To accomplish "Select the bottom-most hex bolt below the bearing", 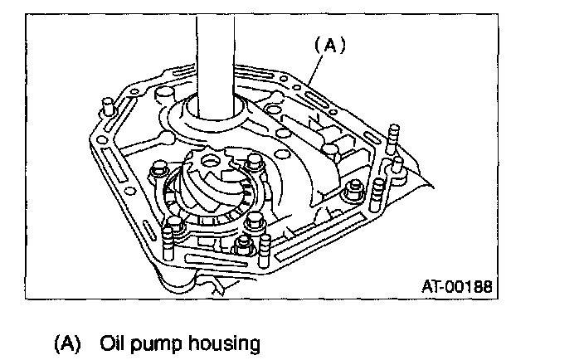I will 244,246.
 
